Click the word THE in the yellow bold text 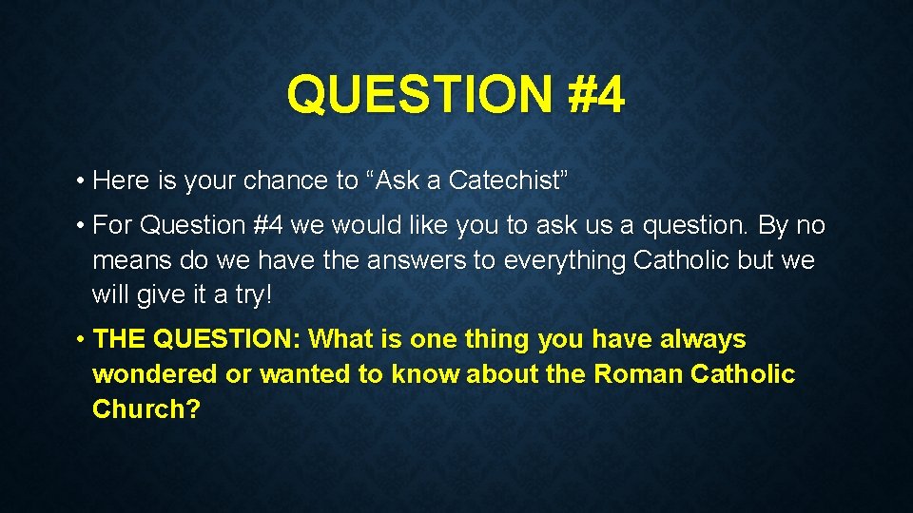click(x=121, y=339)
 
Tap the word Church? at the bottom click(x=146, y=409)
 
